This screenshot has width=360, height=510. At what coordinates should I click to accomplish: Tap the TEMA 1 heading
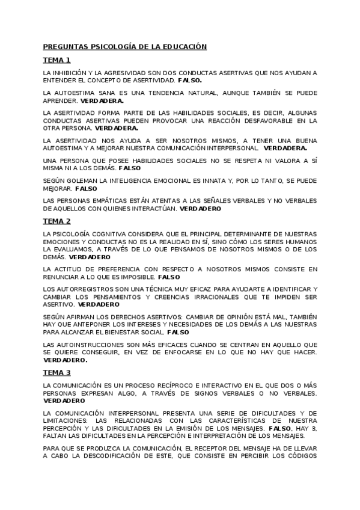pyautogui.click(x=56, y=60)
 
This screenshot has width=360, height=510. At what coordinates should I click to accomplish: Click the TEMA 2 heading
pyautogui.click(x=56, y=221)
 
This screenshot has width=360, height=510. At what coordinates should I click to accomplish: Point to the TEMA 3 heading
pyautogui.click(x=56, y=373)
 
